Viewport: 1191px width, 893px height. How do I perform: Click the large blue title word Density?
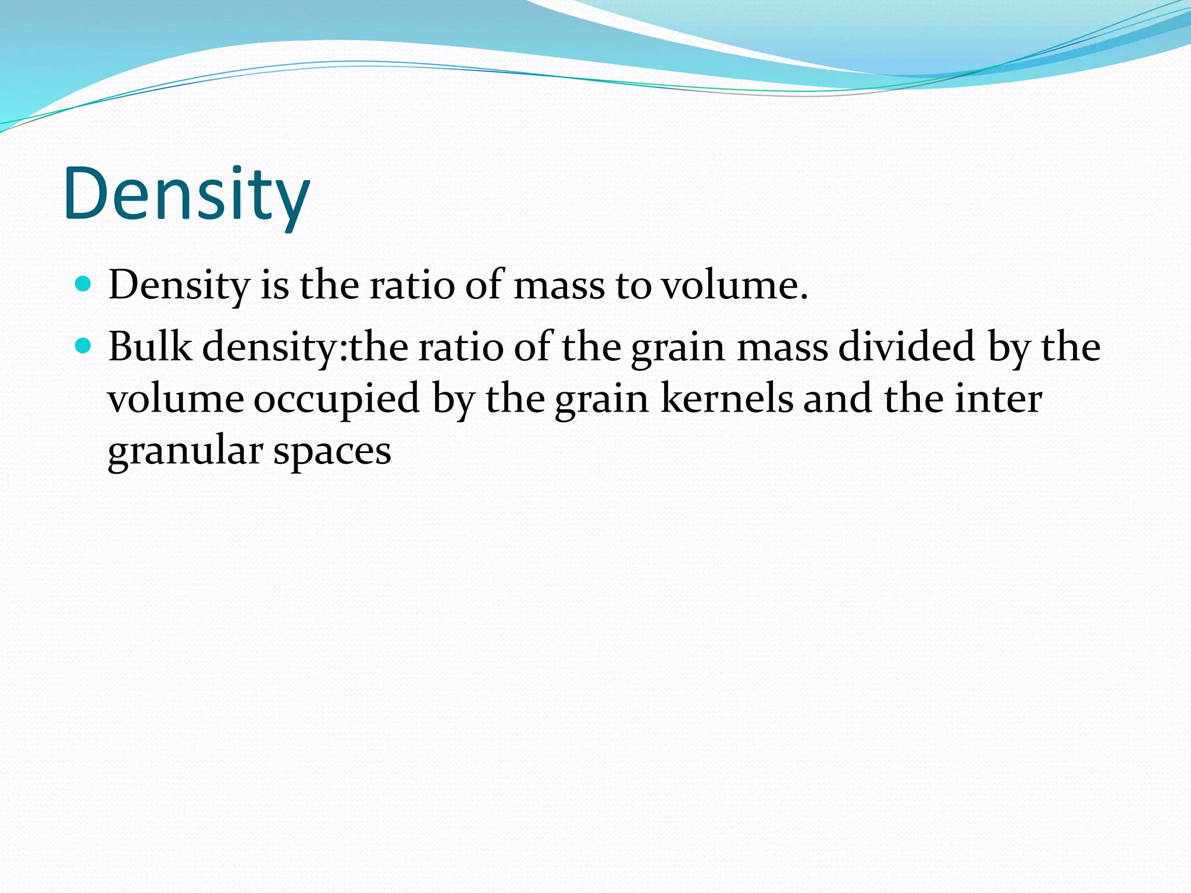tap(187, 195)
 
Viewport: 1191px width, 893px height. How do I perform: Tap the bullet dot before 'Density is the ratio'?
tap(84, 284)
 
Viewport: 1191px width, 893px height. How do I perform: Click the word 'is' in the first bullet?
tap(274, 285)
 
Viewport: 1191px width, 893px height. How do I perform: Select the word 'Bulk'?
tap(149, 347)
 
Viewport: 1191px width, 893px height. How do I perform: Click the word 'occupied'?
tap(336, 400)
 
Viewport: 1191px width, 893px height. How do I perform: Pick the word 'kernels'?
tap(727, 399)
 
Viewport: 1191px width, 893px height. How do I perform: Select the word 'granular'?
tap(185, 451)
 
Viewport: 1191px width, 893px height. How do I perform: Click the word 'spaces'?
tap(332, 452)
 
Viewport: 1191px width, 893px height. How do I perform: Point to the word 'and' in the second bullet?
tap(837, 399)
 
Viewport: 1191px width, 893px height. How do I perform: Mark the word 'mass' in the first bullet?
tap(559, 285)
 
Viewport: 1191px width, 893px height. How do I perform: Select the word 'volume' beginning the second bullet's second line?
tap(176, 399)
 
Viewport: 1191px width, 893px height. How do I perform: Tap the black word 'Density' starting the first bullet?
tap(179, 285)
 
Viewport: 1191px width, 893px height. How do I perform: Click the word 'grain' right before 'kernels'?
tap(601, 400)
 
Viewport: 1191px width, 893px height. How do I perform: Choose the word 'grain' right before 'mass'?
tap(678, 348)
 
